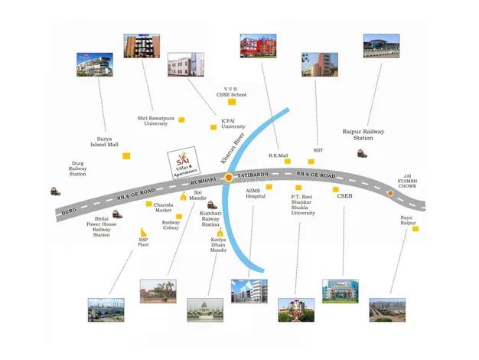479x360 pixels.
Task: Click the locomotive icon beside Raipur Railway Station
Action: click(x=360, y=152)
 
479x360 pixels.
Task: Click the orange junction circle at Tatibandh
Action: click(x=228, y=178)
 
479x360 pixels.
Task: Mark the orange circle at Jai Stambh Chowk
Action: click(x=391, y=193)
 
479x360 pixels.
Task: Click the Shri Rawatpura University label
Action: click(x=153, y=120)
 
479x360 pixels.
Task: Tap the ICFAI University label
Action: click(x=233, y=123)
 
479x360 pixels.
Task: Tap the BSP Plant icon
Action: click(x=142, y=232)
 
